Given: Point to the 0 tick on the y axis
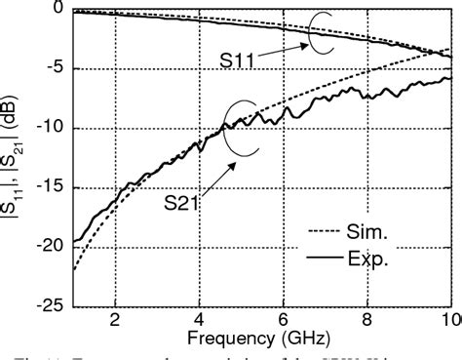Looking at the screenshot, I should click(57, 10).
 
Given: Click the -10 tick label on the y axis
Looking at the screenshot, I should click(49, 128).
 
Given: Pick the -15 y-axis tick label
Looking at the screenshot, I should click(49, 187).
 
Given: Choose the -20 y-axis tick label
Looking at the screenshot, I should click(49, 247).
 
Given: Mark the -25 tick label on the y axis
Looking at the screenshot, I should click(49, 305).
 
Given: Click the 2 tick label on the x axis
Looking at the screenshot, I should click(114, 320).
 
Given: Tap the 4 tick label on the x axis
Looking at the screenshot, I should click(199, 320).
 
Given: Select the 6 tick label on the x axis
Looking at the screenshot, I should click(283, 320).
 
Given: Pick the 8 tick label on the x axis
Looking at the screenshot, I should click(367, 320).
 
